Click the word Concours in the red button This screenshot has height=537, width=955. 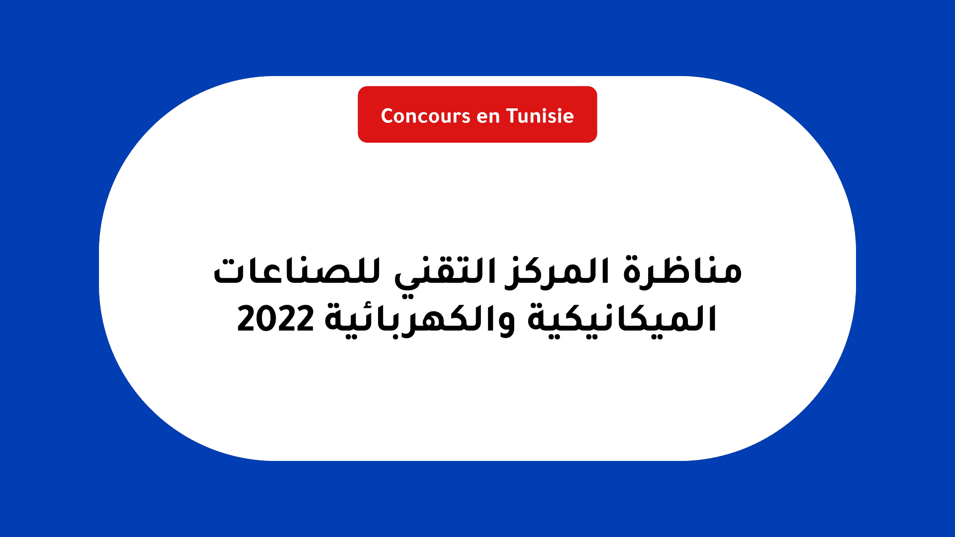point(426,116)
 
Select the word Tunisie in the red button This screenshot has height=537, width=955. point(540,116)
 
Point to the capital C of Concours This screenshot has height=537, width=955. point(387,116)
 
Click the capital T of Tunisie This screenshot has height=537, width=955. point(513,116)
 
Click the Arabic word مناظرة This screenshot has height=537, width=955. point(682,271)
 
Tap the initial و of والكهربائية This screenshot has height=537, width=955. point(502,323)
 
